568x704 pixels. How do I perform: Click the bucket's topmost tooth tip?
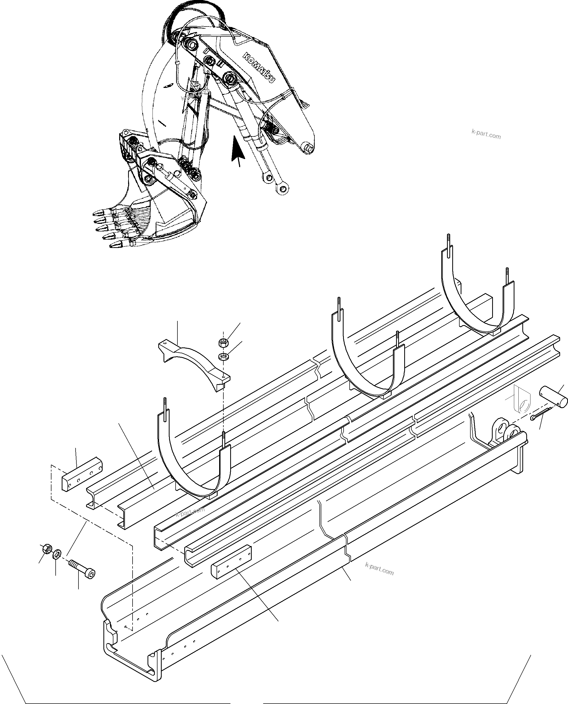click(97, 213)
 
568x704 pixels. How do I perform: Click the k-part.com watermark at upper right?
click(486, 134)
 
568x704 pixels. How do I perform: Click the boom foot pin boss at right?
click(308, 147)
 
